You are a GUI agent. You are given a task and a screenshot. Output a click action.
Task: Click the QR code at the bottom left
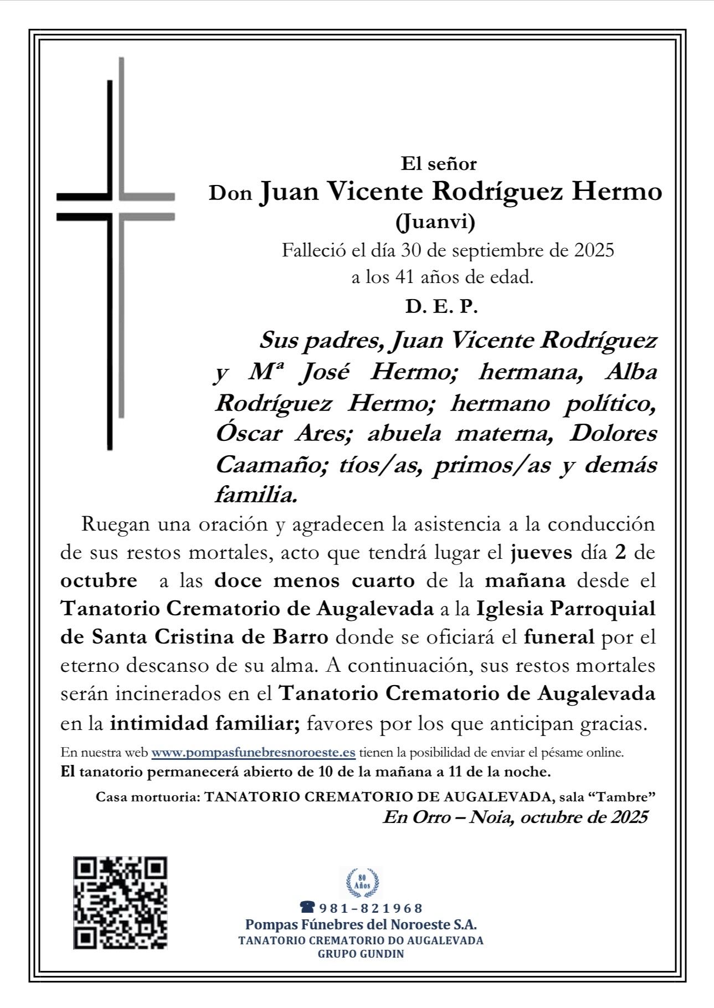point(120,903)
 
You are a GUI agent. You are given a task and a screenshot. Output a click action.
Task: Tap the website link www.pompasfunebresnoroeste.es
point(253,753)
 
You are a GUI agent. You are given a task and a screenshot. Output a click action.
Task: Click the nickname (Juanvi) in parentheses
point(435,222)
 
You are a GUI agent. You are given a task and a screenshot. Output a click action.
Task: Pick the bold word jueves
point(541,552)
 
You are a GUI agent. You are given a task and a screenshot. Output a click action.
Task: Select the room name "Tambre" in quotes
point(624,798)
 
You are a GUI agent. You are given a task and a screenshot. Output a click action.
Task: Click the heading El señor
point(439,164)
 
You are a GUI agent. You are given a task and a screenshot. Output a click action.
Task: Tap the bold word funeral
point(559,637)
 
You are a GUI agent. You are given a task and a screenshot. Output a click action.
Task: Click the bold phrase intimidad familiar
point(205,723)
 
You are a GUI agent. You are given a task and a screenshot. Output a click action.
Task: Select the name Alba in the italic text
point(631,372)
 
